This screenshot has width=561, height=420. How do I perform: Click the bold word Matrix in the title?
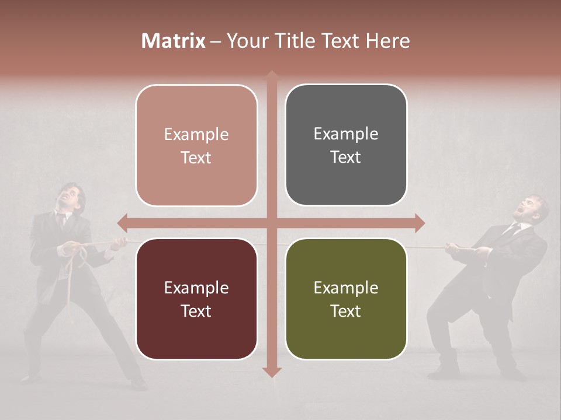click(x=174, y=41)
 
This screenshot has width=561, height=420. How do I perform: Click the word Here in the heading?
click(x=388, y=41)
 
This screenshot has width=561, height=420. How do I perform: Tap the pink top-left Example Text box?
click(x=196, y=145)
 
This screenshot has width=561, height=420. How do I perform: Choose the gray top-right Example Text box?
click(x=346, y=145)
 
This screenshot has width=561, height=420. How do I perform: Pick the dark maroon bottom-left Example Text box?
click(x=196, y=299)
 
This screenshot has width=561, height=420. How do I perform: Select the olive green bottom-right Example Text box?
click(x=346, y=299)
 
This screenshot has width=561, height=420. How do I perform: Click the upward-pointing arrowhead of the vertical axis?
click(x=272, y=76)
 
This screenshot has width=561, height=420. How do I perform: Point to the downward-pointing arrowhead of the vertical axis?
click(x=272, y=372)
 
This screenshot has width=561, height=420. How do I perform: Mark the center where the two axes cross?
click(x=272, y=223)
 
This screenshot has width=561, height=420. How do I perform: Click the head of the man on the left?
click(x=72, y=197)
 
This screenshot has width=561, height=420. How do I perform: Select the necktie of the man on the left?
click(x=61, y=220)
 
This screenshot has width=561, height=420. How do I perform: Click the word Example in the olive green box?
click(x=346, y=288)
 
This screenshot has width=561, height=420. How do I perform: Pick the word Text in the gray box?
click(x=346, y=157)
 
